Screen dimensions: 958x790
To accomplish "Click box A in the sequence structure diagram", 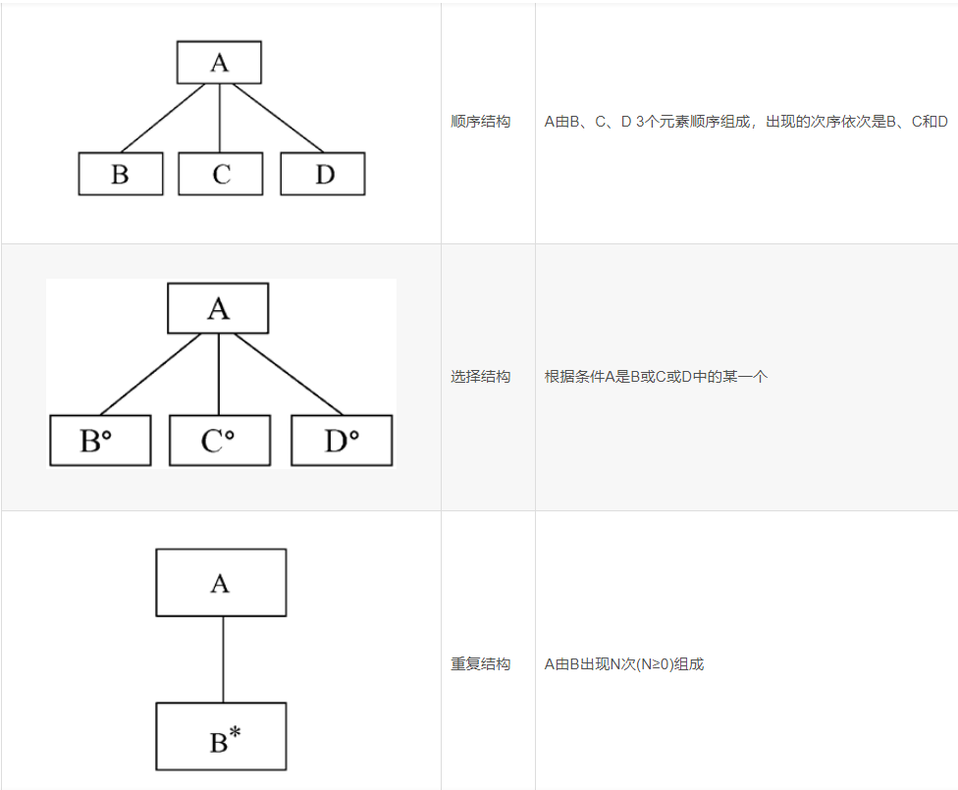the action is click(x=219, y=63).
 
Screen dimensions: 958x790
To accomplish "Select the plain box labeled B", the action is click(x=121, y=174).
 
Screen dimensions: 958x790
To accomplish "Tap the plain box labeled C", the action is click(x=221, y=174).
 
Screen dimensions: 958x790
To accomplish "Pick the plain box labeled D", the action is click(x=323, y=174).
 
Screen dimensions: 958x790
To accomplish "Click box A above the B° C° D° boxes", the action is click(x=218, y=309).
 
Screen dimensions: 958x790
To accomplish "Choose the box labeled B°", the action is click(x=100, y=441).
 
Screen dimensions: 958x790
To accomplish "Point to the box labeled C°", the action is click(x=220, y=441).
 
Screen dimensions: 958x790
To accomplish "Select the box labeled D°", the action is click(x=342, y=441).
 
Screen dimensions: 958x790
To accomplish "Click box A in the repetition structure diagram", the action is click(x=221, y=583).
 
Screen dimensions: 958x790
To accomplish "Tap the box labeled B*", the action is click(x=221, y=736).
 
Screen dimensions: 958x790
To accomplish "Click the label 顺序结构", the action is click(x=481, y=122).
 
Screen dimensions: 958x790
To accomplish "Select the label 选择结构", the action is click(x=481, y=376).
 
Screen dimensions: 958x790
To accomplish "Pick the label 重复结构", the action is click(x=481, y=664).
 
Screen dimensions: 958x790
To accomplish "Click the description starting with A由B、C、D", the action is click(x=746, y=122).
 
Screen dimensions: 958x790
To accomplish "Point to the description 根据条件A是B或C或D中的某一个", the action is click(x=656, y=376).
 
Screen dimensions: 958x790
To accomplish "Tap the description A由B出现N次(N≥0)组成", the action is click(x=624, y=664).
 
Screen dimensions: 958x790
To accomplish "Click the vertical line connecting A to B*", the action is click(x=223, y=659).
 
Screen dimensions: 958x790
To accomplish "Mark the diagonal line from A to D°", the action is click(x=290, y=375).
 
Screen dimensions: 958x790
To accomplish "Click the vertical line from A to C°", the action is click(x=219, y=375).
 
